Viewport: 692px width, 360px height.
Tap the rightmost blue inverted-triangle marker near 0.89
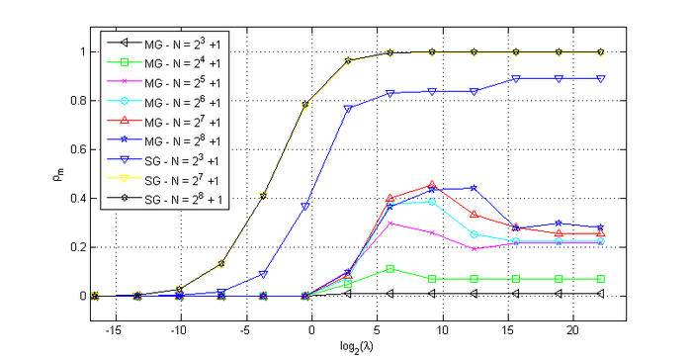click(x=601, y=78)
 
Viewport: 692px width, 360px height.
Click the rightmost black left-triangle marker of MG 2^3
click(x=601, y=293)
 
